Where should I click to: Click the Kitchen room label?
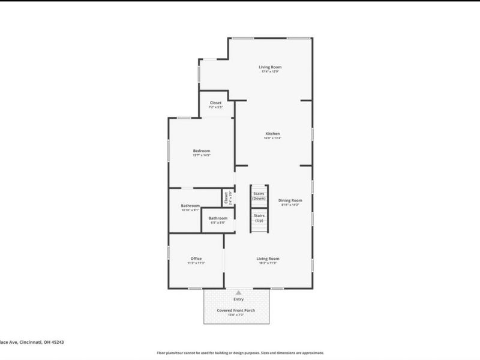pyautogui.click(x=273, y=133)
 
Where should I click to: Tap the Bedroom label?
pyautogui.click(x=202, y=150)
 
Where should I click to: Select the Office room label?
pyautogui.click(x=196, y=258)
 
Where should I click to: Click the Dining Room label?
pyautogui.click(x=290, y=200)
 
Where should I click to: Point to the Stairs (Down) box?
pyautogui.click(x=259, y=196)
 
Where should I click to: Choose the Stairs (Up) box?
pyautogui.click(x=259, y=217)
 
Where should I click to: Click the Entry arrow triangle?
pyautogui.click(x=239, y=292)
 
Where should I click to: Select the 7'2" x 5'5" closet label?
pyautogui.click(x=215, y=103)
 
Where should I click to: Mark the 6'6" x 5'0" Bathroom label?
pyautogui.click(x=218, y=218)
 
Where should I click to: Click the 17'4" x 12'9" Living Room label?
pyautogui.click(x=270, y=67)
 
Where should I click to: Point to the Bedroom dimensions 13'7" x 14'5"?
pyautogui.click(x=202, y=155)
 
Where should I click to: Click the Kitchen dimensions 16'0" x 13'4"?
pyautogui.click(x=273, y=138)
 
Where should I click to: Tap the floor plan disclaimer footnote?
pyautogui.click(x=240, y=353)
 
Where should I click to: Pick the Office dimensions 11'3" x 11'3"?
pyautogui.click(x=196, y=263)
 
